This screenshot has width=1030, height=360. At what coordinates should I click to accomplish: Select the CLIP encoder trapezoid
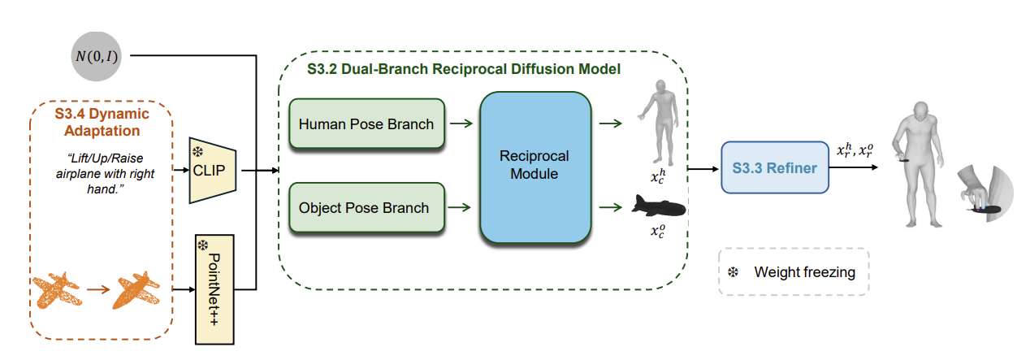pos(211,169)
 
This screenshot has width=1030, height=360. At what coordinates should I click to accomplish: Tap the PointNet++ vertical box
pos(214,288)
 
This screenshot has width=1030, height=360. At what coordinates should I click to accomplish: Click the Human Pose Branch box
pos(366,125)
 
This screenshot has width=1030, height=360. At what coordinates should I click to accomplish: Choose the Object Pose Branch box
pos(366,207)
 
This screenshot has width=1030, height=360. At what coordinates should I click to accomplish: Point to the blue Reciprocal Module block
pos(534,167)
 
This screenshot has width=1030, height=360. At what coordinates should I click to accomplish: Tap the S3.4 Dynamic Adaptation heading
pos(102,123)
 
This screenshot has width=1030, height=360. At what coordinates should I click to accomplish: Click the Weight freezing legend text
pos(804,272)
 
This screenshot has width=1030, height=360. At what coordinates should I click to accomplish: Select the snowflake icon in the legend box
pos(732,272)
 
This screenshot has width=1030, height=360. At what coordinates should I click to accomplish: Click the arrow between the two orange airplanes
pos(98,288)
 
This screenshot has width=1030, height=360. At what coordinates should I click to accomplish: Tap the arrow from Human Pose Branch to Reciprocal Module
pos(462,125)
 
